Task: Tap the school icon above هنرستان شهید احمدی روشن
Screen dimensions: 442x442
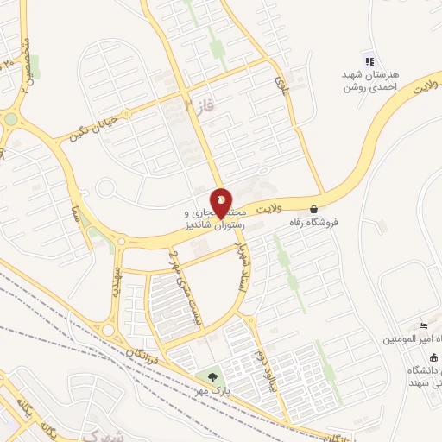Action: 369,60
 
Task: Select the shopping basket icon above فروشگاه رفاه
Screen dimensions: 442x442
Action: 313,208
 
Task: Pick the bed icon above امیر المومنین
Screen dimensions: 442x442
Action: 422,325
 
